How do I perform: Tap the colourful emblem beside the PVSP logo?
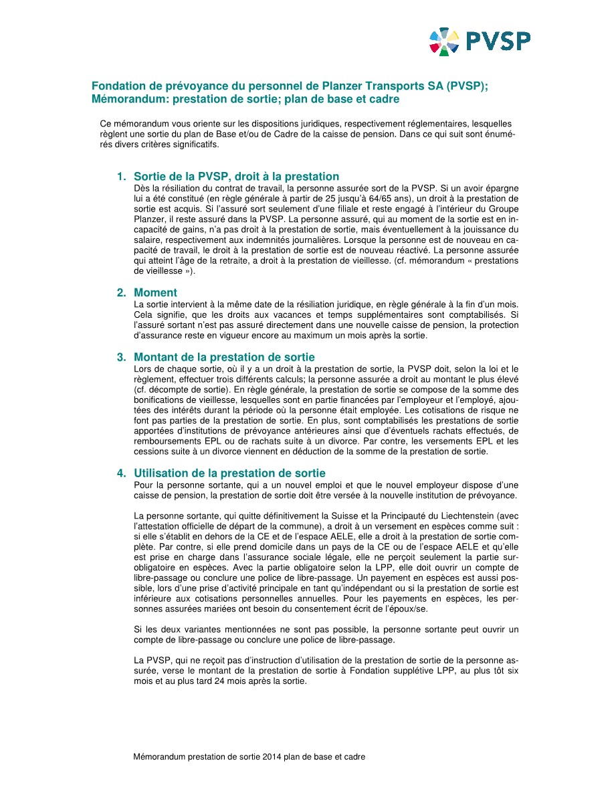pyautogui.click(x=444, y=41)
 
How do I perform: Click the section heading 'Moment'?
pyautogui.click(x=155, y=292)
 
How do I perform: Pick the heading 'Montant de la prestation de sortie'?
pyautogui.click(x=224, y=357)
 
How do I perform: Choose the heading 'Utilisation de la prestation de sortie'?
pyautogui.click(x=229, y=473)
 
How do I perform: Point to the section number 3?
pyautogui.click(x=120, y=357)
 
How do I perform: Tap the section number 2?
pyautogui.click(x=120, y=292)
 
